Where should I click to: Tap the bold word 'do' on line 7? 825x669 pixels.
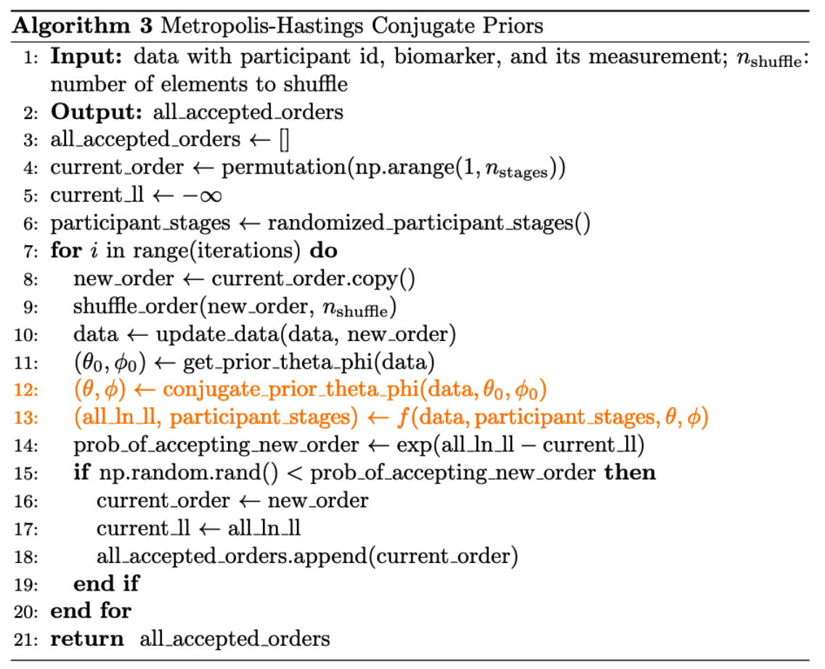click(323, 251)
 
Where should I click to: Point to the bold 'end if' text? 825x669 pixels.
click(106, 584)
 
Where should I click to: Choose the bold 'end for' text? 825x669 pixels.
click(91, 612)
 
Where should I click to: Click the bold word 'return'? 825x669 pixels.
click(86, 640)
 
